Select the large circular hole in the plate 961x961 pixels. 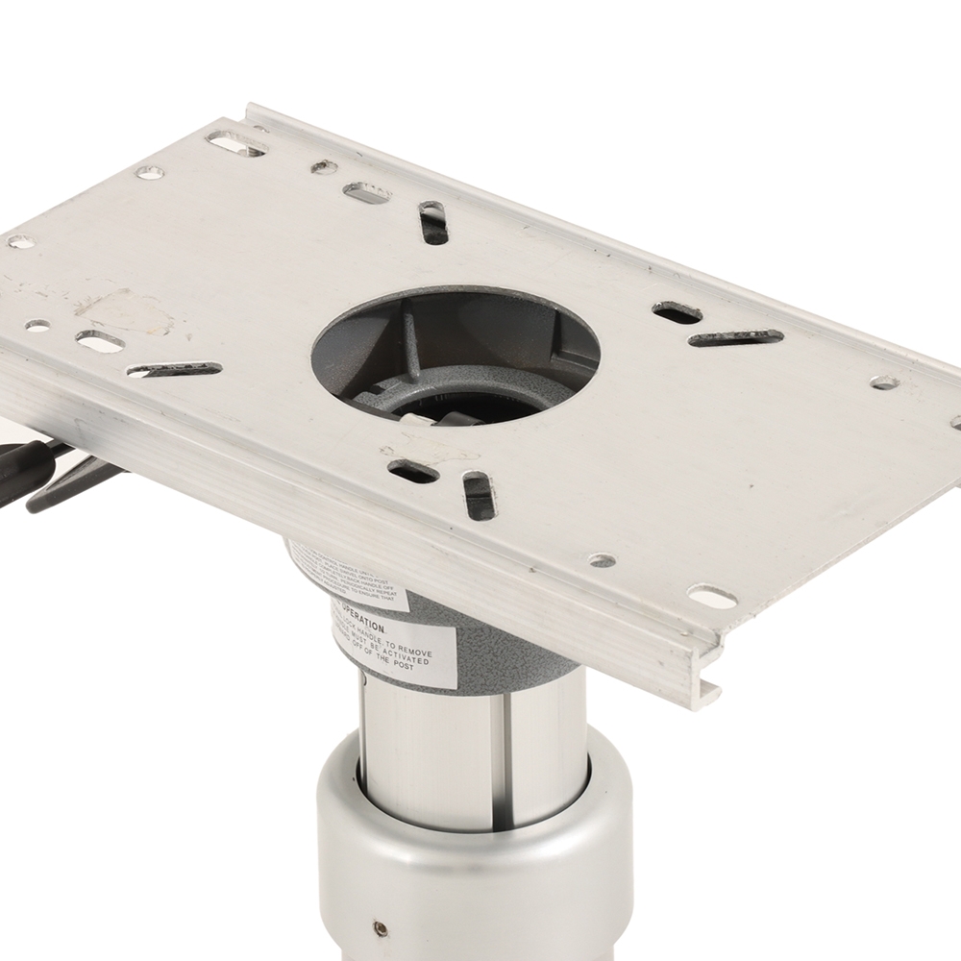[x=457, y=355]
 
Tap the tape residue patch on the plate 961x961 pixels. [x=125, y=312]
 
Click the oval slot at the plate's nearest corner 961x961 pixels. [x=712, y=596]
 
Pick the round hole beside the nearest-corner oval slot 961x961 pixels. [x=603, y=560]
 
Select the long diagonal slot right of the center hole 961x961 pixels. [x=735, y=337]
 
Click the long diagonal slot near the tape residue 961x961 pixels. [x=174, y=369]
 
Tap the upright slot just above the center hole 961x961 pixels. [x=432, y=223]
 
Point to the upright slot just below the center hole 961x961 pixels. [x=478, y=496]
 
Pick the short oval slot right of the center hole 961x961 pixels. [x=677, y=311]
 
